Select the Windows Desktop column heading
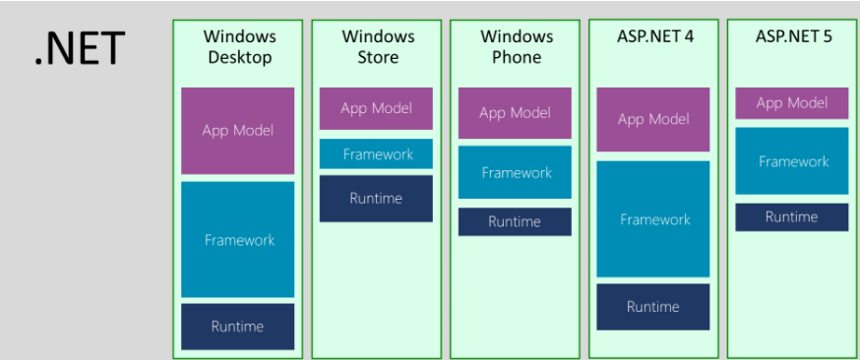pos(238,46)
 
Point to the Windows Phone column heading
pos(516,46)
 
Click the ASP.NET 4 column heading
pos(654,36)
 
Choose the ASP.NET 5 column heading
pos(792,36)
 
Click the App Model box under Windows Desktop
pos(237,131)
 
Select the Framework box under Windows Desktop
pos(237,239)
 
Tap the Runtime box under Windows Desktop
pos(237,327)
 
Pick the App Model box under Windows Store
pos(376,108)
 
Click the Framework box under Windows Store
pos(376,154)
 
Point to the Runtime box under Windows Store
pos(376,199)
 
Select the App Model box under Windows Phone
pos(515,113)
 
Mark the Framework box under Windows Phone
pos(515,172)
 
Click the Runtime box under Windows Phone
pos(515,222)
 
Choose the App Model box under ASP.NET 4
pos(653,119)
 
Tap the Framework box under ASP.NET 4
pos(653,219)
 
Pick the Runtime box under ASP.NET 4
pos(653,307)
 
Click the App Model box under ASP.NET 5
pos(792,103)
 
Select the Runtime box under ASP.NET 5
pos(792,217)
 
